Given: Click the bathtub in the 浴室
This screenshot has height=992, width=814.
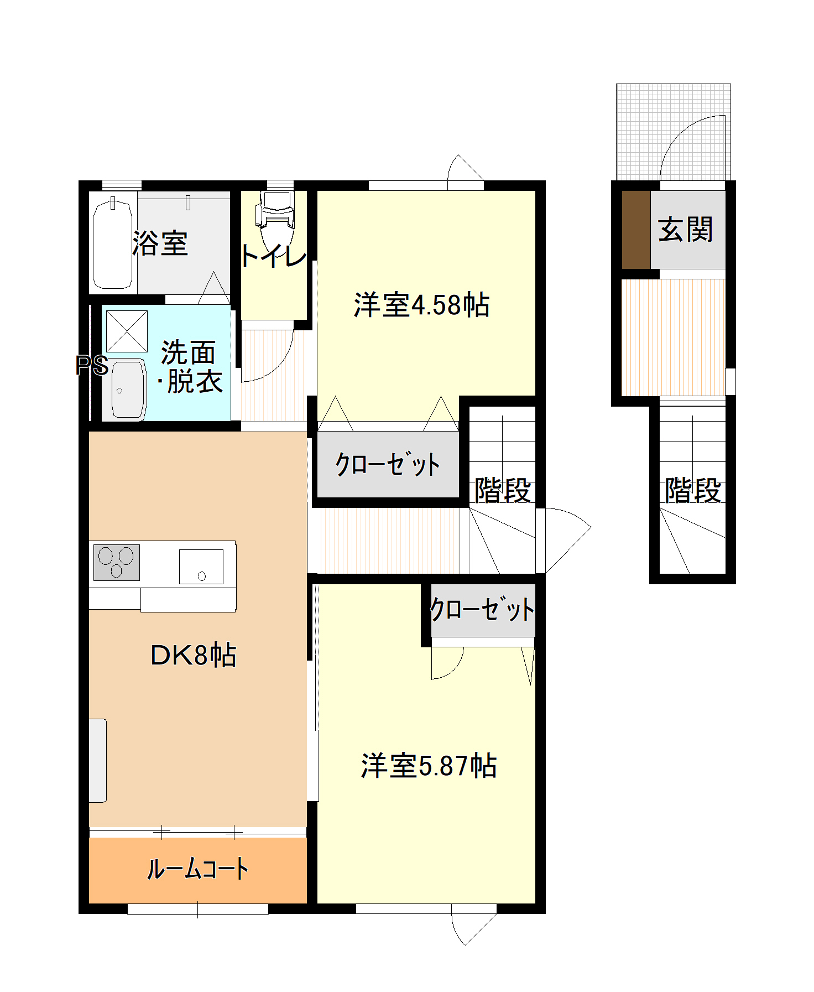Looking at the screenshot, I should (x=112, y=243).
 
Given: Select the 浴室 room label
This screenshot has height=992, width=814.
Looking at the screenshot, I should (x=161, y=243).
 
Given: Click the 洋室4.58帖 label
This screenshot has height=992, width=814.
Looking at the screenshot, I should (x=421, y=305).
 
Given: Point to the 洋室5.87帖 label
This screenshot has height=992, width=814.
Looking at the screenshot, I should (x=429, y=766).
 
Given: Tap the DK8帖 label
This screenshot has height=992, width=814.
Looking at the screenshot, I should (x=193, y=655).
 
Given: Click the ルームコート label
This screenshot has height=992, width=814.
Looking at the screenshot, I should (x=197, y=869).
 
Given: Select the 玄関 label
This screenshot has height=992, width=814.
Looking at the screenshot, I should (x=686, y=230).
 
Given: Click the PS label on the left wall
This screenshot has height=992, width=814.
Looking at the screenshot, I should (x=92, y=365).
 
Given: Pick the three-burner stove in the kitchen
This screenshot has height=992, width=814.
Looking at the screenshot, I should (x=117, y=562).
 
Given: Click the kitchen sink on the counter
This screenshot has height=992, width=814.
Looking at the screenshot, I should (x=201, y=567).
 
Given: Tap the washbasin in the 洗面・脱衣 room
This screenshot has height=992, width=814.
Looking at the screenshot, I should (x=128, y=389).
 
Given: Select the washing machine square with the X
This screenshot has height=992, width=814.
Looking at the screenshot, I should (x=127, y=331).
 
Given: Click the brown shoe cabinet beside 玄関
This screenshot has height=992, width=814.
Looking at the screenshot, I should (x=636, y=230).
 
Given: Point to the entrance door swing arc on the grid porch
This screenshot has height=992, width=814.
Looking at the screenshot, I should (x=691, y=147).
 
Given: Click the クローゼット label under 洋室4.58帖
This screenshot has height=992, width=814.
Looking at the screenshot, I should (x=388, y=464).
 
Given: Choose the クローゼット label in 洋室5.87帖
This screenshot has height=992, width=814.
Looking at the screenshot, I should (x=482, y=610).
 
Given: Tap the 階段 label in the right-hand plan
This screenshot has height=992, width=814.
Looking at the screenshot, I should (x=693, y=490).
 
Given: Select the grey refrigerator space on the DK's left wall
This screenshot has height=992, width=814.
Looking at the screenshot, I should (x=98, y=760).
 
